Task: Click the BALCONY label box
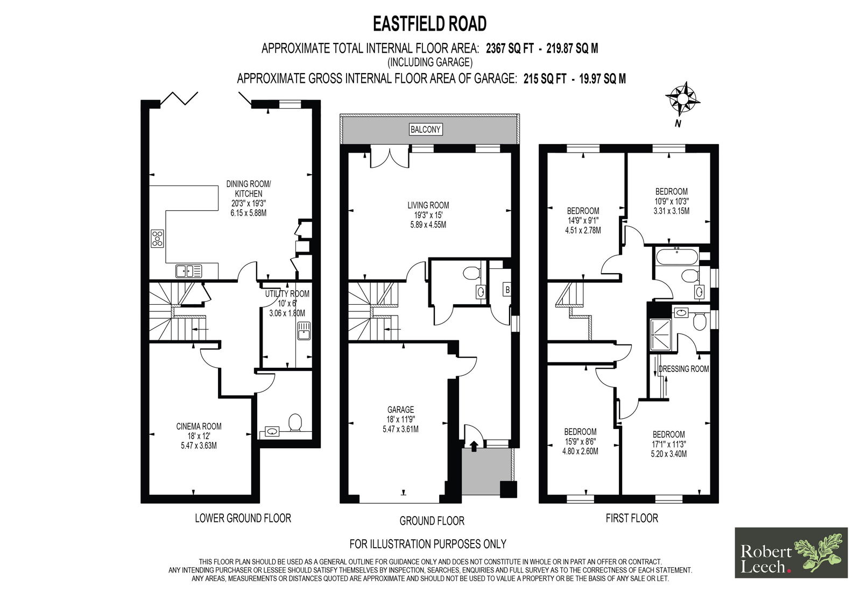(x=425, y=130)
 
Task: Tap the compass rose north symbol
(x=682, y=99)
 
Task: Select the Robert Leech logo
(x=791, y=553)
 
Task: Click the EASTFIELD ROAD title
(x=430, y=24)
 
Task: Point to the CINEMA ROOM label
(x=199, y=426)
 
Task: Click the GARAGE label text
(x=400, y=410)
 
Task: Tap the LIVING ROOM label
(x=428, y=205)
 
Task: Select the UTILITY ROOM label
(x=287, y=294)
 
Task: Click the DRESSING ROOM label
(x=683, y=369)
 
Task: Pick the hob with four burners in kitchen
(x=157, y=238)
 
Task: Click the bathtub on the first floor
(x=676, y=256)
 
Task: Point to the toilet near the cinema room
(x=295, y=422)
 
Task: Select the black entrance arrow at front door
(x=474, y=445)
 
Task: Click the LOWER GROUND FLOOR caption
(x=243, y=518)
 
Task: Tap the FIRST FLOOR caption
(x=632, y=518)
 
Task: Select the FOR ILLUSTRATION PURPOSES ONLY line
(x=428, y=543)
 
